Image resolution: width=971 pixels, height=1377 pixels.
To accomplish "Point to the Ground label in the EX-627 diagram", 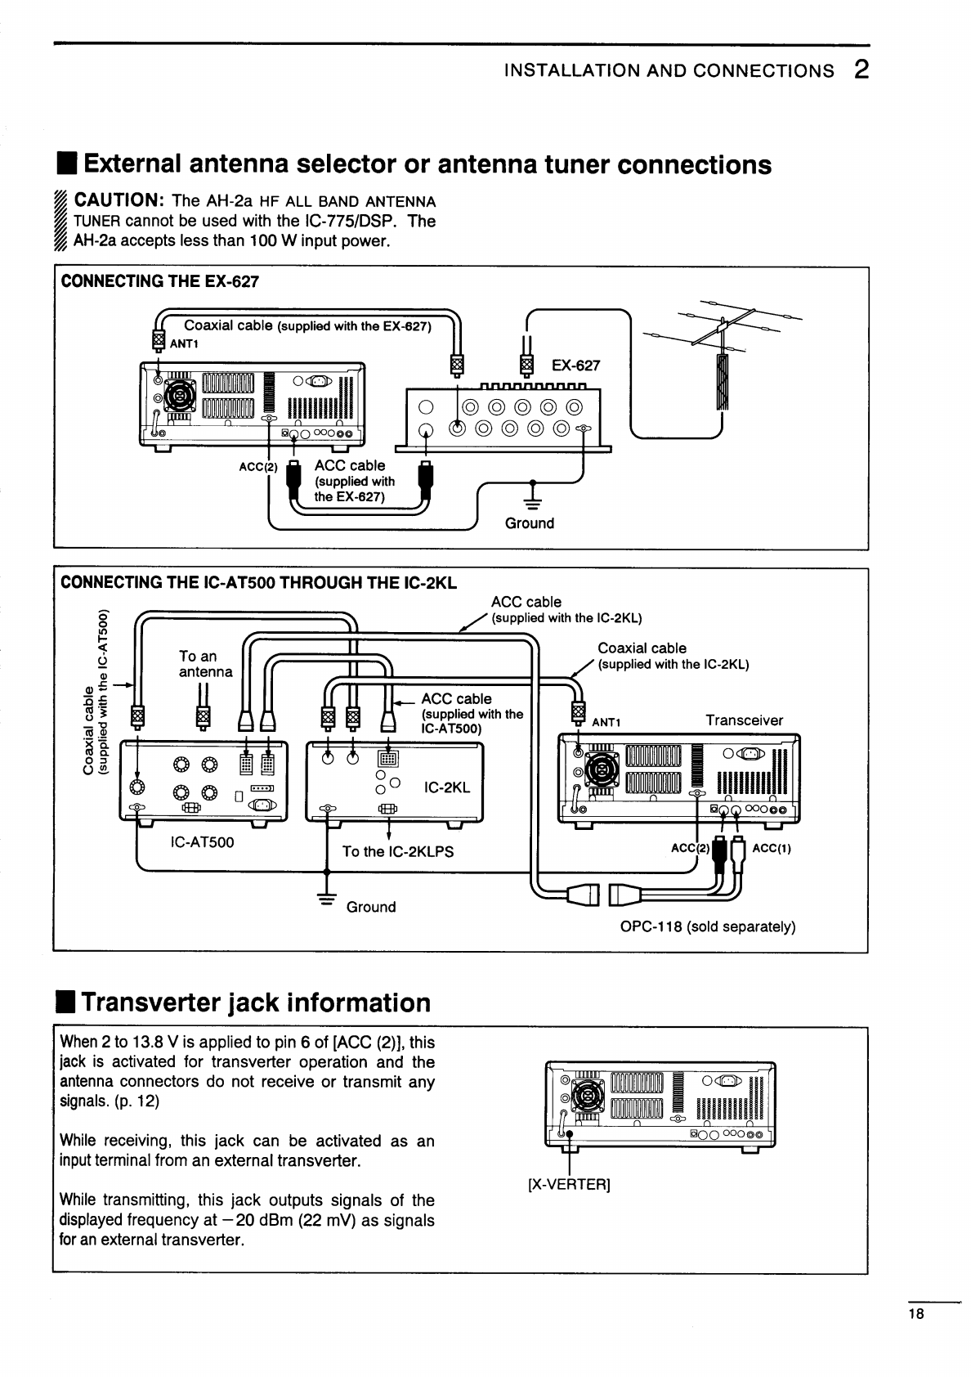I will tap(529, 523).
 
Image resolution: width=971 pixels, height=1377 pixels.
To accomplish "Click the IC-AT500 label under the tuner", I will tap(202, 841).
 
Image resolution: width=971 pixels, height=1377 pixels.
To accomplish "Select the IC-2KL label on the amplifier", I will tap(447, 788).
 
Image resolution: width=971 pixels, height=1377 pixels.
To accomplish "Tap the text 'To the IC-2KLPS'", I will tap(397, 851).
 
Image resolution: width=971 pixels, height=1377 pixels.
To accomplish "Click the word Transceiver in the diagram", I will tap(744, 720).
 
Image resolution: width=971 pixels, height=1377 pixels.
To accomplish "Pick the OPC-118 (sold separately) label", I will tap(708, 926).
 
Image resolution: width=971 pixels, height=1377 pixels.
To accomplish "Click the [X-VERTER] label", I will tap(569, 1184).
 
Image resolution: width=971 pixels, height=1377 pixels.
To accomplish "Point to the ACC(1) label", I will tap(772, 848).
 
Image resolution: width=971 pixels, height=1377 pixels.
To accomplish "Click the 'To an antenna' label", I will tap(205, 663).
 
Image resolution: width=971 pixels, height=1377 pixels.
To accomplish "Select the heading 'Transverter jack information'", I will tap(256, 1002).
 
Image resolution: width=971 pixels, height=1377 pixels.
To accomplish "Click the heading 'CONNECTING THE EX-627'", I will tap(160, 282).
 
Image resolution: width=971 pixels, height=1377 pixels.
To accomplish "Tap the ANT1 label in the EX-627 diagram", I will tap(184, 343).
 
